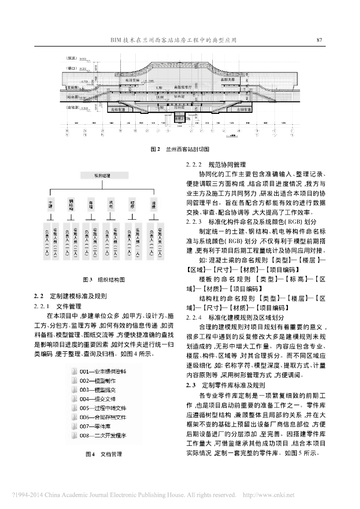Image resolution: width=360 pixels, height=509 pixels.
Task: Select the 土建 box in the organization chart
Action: coord(50,204)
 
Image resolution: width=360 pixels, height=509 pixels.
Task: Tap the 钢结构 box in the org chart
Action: coord(71,204)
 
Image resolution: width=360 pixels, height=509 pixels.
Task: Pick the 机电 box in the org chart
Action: coord(110,204)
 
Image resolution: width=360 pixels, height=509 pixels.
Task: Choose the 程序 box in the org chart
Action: coord(132,204)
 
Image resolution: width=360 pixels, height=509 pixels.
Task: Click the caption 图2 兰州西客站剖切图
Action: coord(180,149)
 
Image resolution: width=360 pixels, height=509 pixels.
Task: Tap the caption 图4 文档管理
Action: coord(103,454)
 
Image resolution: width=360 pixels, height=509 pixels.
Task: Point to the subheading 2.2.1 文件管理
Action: coord(57,306)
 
